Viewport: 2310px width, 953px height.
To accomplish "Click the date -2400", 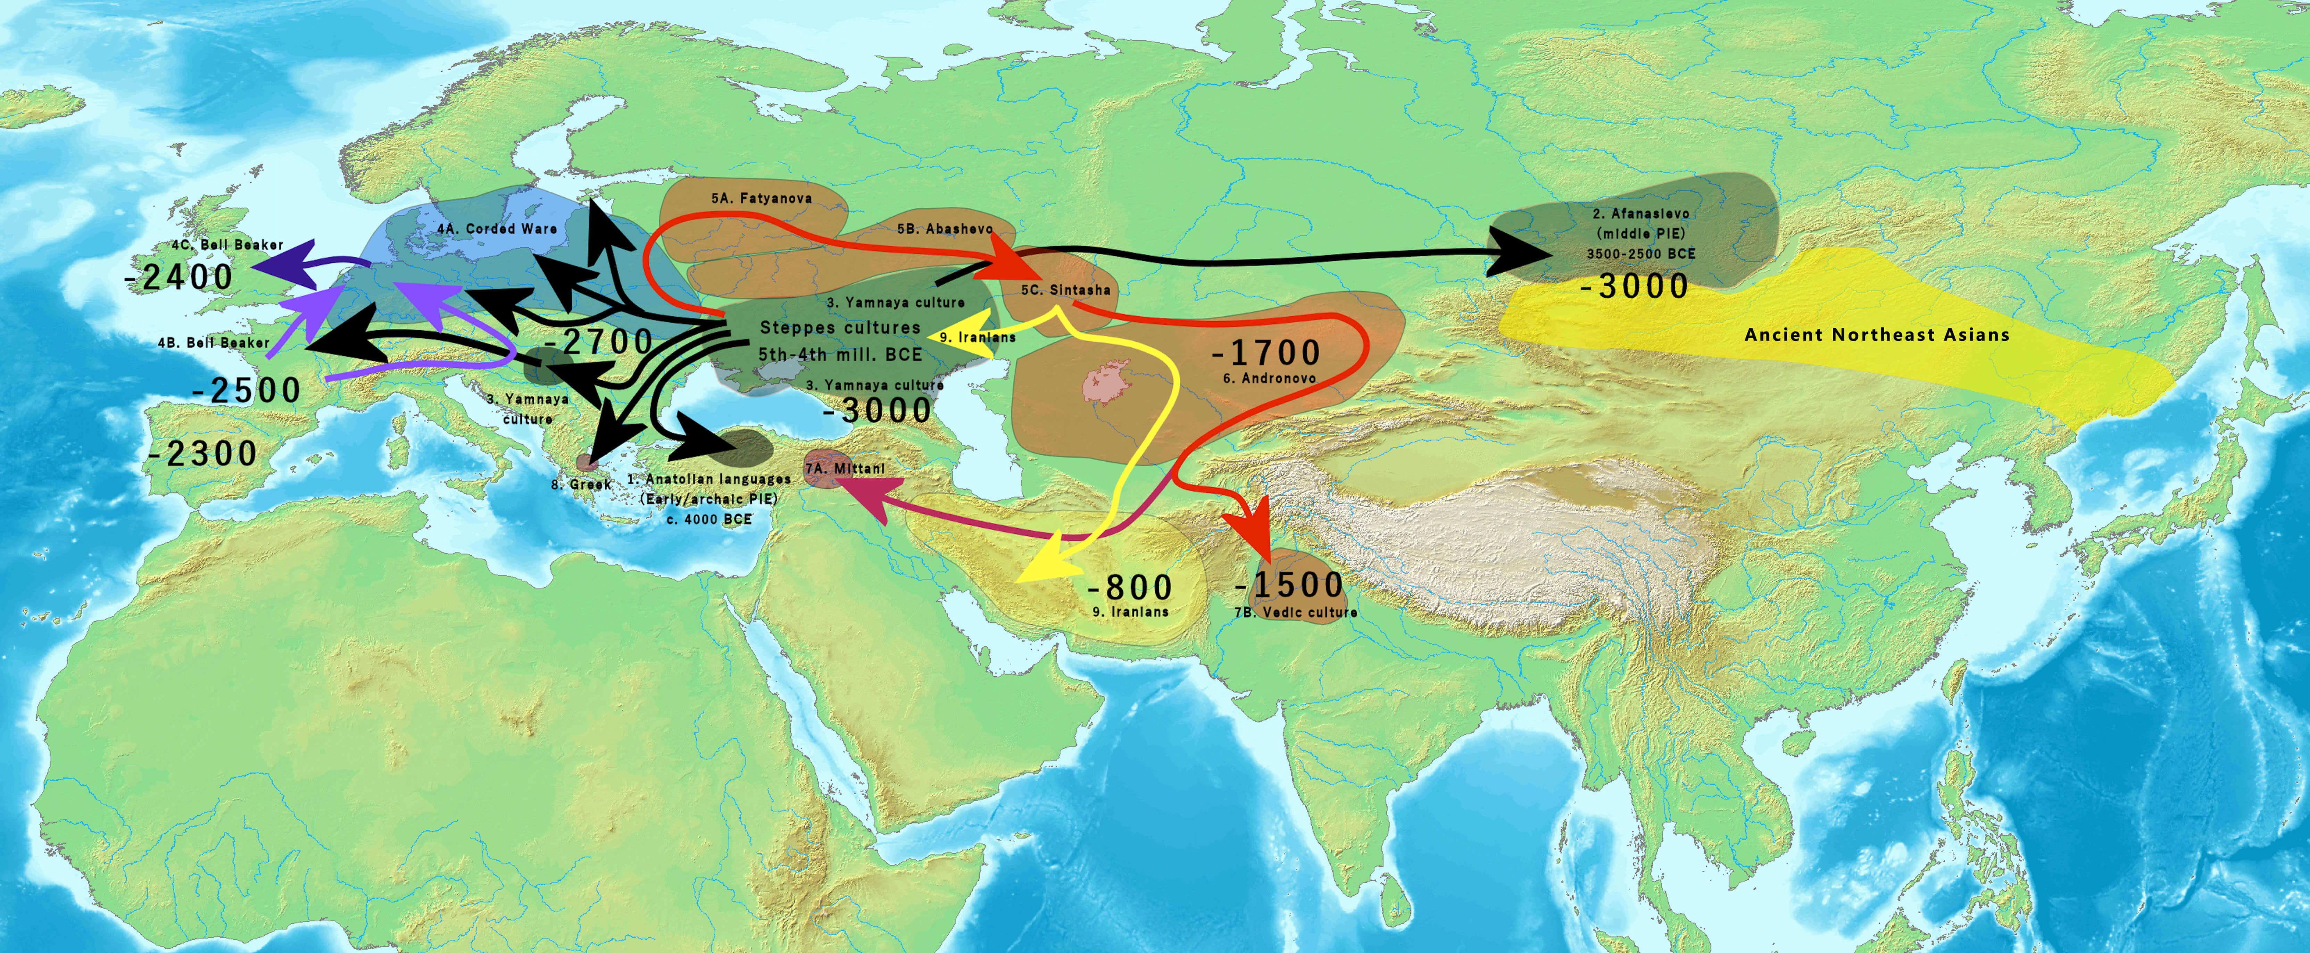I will tap(179, 277).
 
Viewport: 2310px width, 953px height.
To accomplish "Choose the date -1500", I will tap(1289, 585).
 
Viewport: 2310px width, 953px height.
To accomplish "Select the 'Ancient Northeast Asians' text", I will tap(1877, 335).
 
